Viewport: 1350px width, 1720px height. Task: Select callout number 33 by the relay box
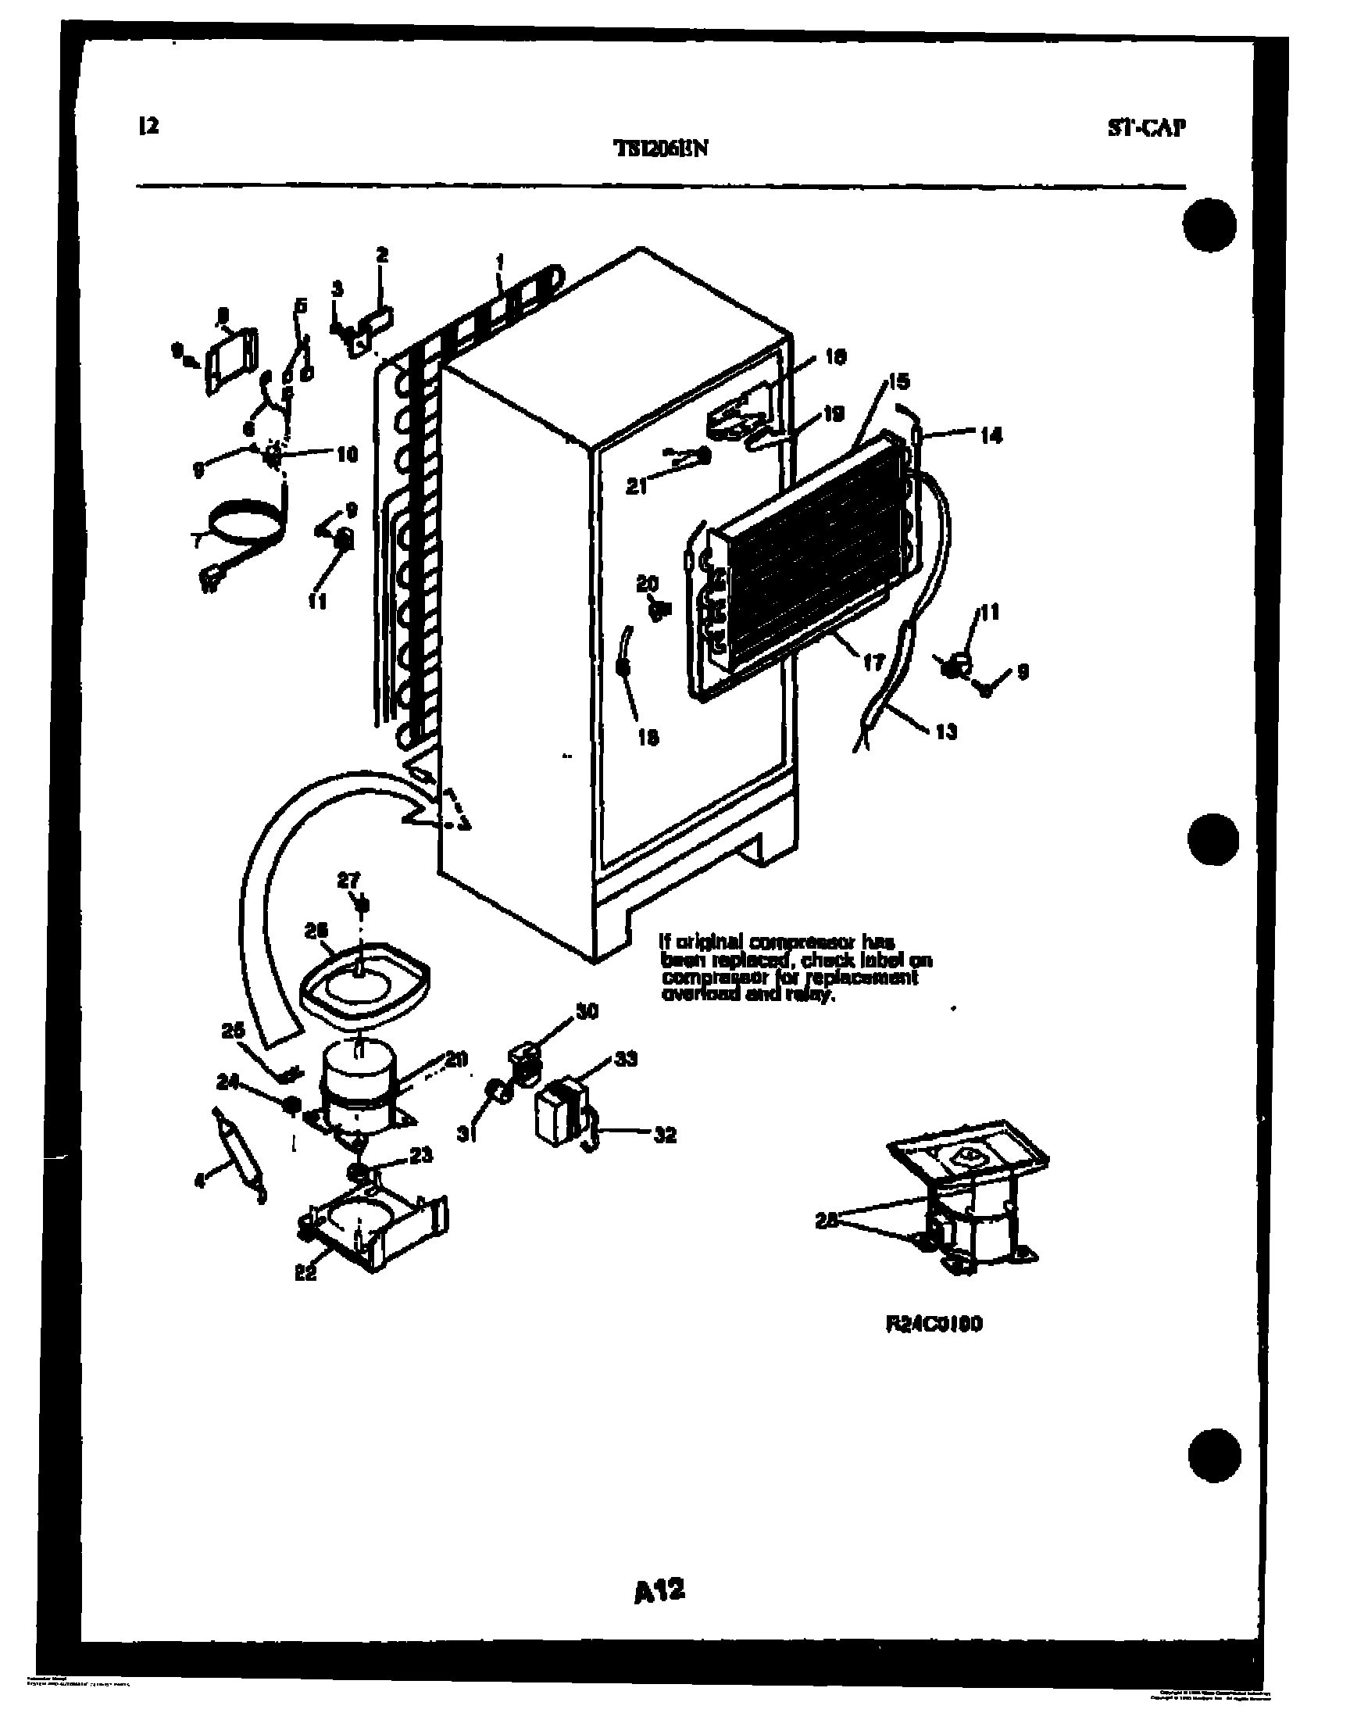pyautogui.click(x=625, y=1059)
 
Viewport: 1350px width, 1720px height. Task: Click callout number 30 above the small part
pyautogui.click(x=587, y=1011)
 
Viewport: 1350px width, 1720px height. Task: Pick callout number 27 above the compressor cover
pyautogui.click(x=348, y=880)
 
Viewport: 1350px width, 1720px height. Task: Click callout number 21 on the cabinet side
pyautogui.click(x=636, y=488)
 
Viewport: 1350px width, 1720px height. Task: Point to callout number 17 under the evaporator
pyautogui.click(x=873, y=662)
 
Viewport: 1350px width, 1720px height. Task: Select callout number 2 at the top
pyautogui.click(x=382, y=255)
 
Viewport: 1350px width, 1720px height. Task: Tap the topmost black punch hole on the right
pyautogui.click(x=1211, y=224)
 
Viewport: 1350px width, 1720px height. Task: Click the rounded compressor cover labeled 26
pyautogui.click(x=365, y=984)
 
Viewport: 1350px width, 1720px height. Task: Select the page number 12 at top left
pyautogui.click(x=148, y=125)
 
